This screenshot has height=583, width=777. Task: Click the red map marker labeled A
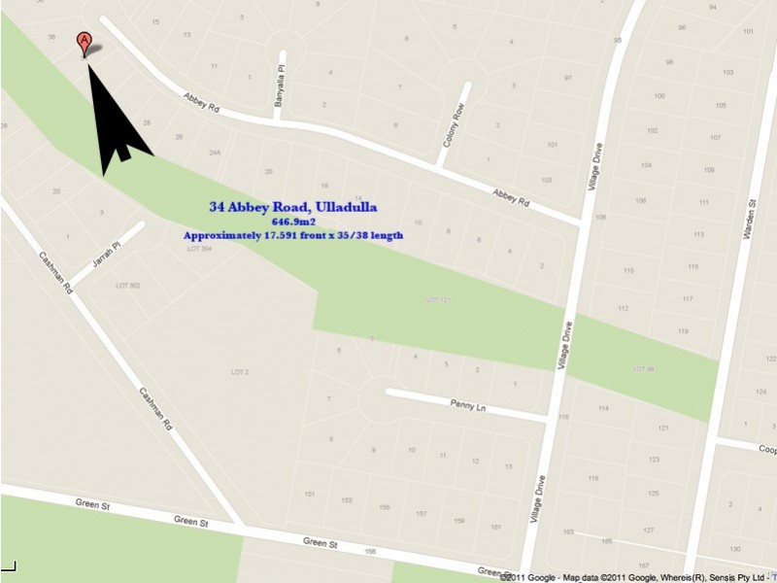(84, 42)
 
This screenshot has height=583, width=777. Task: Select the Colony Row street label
(453, 125)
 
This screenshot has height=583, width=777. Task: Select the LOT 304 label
(199, 249)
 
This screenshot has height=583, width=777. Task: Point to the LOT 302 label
(128, 286)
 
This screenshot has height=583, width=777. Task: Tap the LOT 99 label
(643, 368)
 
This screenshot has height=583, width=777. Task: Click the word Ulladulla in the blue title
(345, 207)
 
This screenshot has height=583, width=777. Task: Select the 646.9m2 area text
(291, 222)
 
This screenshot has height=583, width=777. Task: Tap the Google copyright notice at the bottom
(637, 576)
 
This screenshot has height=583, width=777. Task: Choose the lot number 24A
(215, 153)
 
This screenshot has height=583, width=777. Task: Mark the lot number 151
(310, 495)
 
